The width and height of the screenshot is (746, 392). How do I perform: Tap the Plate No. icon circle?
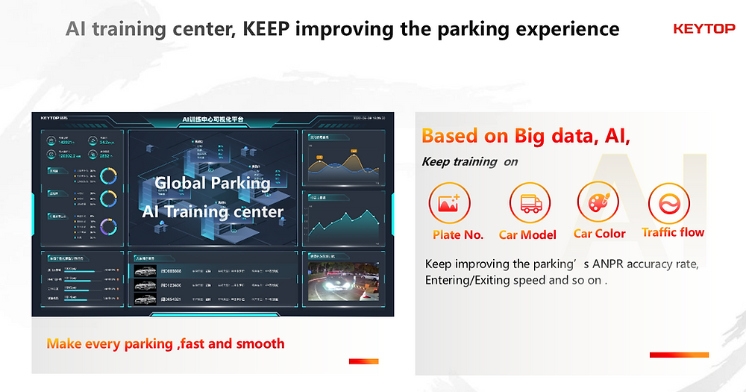449,202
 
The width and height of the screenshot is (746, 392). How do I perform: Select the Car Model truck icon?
529,202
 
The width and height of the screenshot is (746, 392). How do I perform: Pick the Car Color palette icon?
598,203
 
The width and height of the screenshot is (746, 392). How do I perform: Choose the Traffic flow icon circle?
668,203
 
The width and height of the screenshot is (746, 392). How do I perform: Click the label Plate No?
458,234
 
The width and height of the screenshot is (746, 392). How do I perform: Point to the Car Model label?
527,234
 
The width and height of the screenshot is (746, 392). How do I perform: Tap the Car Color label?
600,234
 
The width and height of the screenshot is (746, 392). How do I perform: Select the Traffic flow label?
673,232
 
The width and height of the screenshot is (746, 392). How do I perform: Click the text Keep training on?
469,161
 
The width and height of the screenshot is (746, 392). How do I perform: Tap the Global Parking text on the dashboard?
212,183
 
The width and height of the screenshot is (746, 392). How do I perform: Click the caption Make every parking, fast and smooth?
166,343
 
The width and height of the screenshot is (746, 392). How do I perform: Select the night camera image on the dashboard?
344,281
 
